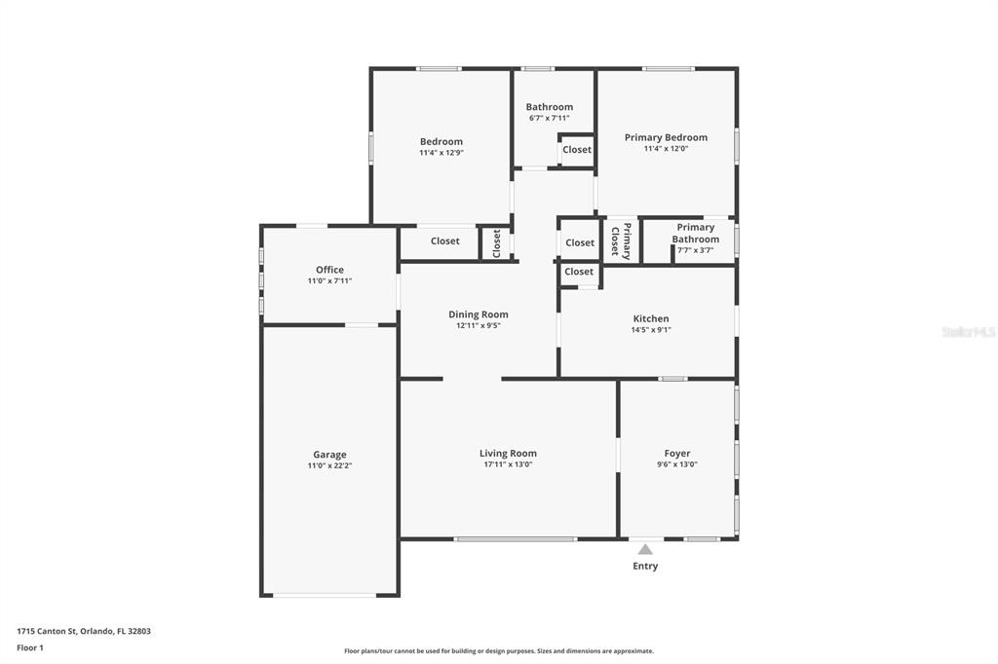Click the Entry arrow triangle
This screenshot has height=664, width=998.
(645, 549)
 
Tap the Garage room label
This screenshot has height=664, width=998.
(329, 455)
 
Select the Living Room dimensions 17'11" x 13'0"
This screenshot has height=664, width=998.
(508, 464)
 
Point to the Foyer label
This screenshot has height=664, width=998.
(677, 454)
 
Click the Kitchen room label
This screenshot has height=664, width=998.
(651, 318)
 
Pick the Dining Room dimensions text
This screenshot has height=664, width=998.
(479, 326)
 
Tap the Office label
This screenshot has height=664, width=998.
(329, 270)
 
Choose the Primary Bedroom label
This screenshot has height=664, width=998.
(666, 137)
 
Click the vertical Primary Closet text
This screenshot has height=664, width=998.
(621, 240)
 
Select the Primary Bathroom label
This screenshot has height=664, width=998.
(695, 233)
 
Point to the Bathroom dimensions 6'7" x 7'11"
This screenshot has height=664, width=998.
(549, 118)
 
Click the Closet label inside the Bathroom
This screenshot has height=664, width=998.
(577, 150)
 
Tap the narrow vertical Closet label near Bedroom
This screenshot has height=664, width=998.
(496, 242)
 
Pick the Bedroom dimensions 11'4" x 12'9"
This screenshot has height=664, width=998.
(441, 153)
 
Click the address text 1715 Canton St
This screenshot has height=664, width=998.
(84, 631)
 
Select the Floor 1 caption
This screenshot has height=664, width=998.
(30, 647)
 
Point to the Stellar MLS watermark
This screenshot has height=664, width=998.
(969, 332)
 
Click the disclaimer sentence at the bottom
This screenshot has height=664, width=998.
(499, 651)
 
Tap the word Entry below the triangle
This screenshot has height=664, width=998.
(645, 566)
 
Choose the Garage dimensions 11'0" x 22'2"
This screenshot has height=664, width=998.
(329, 465)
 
